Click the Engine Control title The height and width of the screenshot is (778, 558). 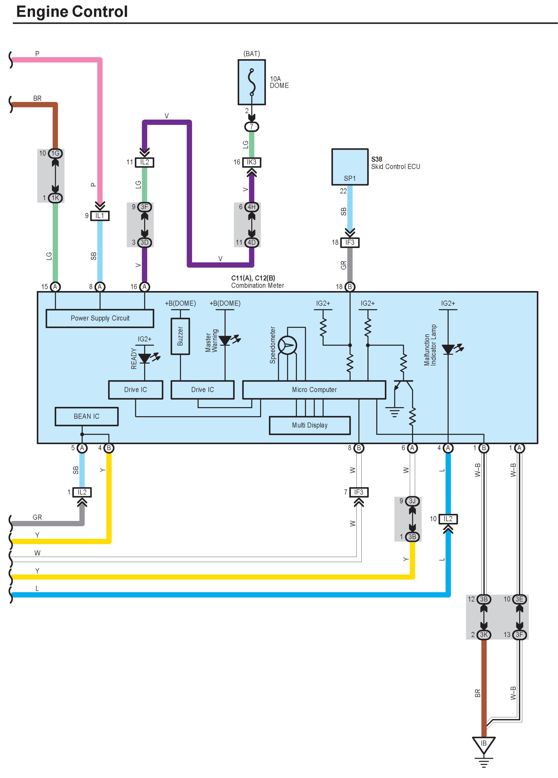[x=72, y=12]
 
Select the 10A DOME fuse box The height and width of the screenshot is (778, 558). [x=251, y=82]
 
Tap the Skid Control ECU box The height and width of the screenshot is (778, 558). [x=350, y=167]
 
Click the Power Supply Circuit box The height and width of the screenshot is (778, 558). [x=100, y=318]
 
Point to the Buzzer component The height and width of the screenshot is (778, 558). [x=180, y=336]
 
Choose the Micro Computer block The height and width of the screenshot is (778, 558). [x=314, y=390]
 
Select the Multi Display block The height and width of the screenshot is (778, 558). [x=310, y=425]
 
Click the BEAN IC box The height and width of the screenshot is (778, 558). [x=86, y=417]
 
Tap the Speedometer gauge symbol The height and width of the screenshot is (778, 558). [x=287, y=345]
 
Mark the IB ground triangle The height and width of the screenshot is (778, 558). [x=484, y=744]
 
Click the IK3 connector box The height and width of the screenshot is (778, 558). [x=251, y=162]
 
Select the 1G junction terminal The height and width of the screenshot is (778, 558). [x=55, y=153]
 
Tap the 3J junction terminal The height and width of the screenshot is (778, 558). [x=412, y=501]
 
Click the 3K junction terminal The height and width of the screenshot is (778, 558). [x=484, y=635]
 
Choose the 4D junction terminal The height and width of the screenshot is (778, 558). [x=251, y=243]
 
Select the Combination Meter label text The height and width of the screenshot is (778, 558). [x=257, y=285]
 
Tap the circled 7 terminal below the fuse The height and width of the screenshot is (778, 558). [x=251, y=126]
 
